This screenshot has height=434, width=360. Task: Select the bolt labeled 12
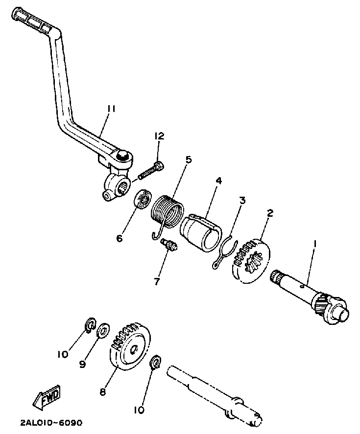(151, 171)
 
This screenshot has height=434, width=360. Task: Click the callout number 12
(160, 136)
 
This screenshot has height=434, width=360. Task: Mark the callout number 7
(156, 281)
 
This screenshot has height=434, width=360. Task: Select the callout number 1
(315, 243)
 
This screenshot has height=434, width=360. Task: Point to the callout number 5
(189, 160)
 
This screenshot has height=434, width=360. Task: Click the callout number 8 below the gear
(102, 391)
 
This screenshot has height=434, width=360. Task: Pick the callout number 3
(242, 200)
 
